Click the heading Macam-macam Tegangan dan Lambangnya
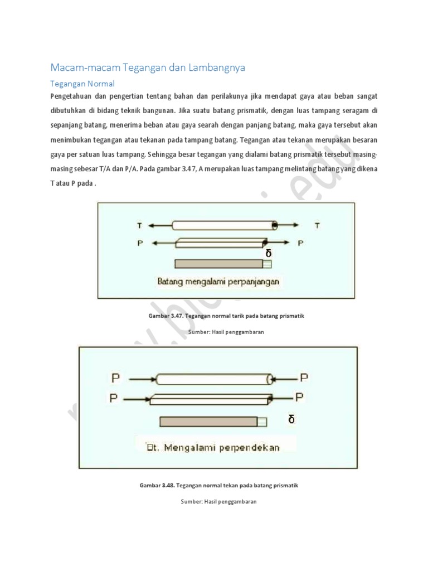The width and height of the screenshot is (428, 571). pos(148,67)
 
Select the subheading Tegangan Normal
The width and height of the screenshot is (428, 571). pos(82,84)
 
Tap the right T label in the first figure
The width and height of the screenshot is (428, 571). pos(317,225)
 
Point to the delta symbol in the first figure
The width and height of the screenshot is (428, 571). pos(269,253)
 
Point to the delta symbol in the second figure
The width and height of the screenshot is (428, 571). pos(291,419)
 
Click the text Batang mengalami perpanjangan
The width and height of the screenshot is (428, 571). pos(218,282)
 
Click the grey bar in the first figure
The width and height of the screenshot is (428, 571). pos(219,264)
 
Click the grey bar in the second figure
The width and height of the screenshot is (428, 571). pos(208,422)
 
